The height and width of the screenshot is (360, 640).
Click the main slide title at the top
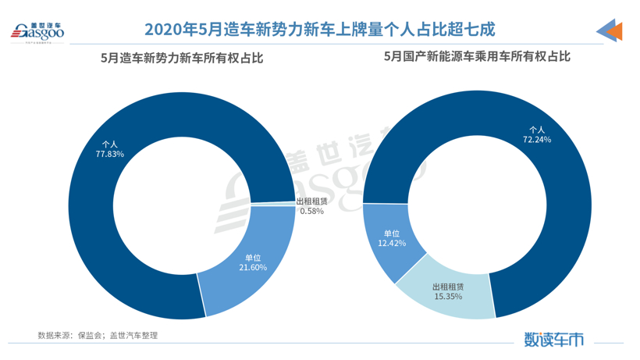coord(320,30)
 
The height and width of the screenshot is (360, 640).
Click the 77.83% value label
coord(110,154)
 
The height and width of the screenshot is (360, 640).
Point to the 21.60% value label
coord(253,267)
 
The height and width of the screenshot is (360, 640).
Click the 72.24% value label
coord(537,139)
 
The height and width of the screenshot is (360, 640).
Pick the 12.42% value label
coord(392,244)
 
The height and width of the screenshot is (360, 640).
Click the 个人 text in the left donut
coord(110,144)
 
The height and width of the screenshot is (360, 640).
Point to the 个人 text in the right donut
coord(537,129)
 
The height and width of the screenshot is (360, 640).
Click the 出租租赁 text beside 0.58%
coord(312,201)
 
